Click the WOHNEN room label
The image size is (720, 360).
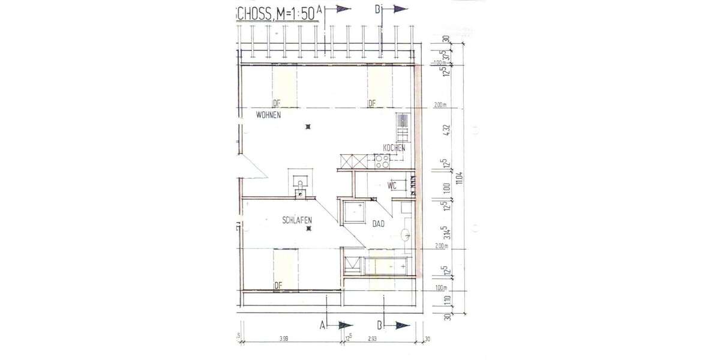[268, 115]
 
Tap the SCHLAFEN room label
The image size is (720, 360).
[296, 221]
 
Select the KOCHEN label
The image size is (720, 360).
[394, 148]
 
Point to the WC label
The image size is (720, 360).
[392, 185]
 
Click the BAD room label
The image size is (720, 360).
[378, 225]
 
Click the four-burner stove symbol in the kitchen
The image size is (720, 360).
[382, 160]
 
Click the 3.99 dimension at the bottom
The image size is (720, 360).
[284, 340]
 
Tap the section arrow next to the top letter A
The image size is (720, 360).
[343, 9]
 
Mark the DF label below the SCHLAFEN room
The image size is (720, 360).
[278, 285]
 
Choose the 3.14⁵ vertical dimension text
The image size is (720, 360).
[446, 233]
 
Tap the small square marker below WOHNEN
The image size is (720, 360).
[308, 127]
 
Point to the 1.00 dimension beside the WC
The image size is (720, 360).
[446, 188]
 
